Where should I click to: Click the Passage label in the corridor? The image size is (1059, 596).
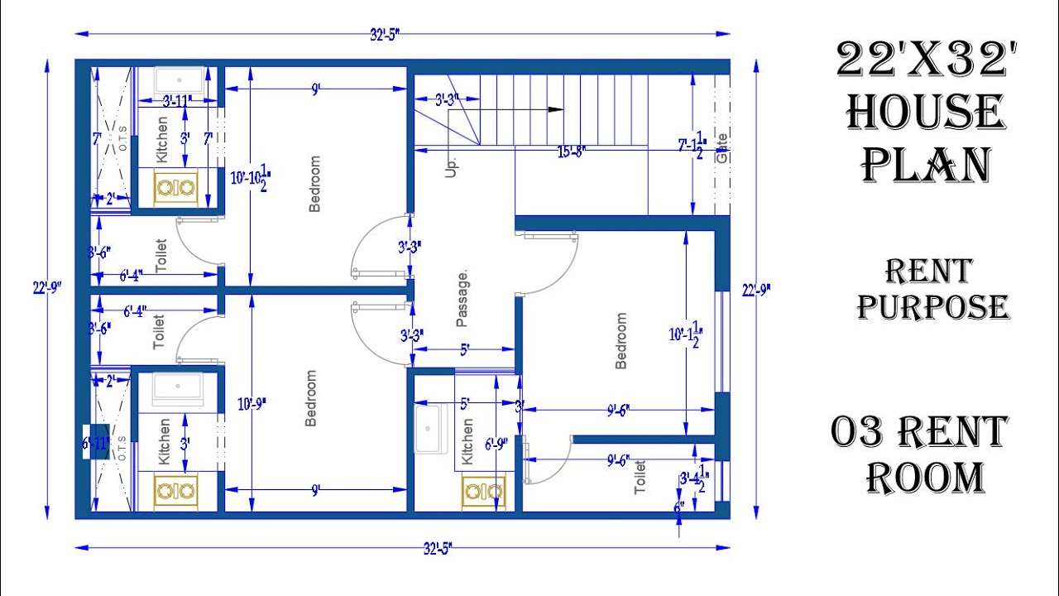(x=462, y=298)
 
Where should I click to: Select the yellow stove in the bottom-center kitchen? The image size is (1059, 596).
(x=483, y=493)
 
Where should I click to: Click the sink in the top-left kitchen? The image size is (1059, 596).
(x=180, y=81)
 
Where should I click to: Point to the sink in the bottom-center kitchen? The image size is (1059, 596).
(x=429, y=430)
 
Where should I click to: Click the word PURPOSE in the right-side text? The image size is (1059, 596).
(x=933, y=307)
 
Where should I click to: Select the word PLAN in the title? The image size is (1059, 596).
(x=926, y=165)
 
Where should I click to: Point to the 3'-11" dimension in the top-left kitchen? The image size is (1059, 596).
(x=177, y=101)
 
